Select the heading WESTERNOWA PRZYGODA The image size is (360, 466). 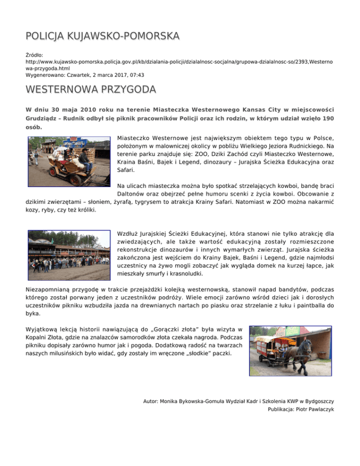[x=84, y=89]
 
